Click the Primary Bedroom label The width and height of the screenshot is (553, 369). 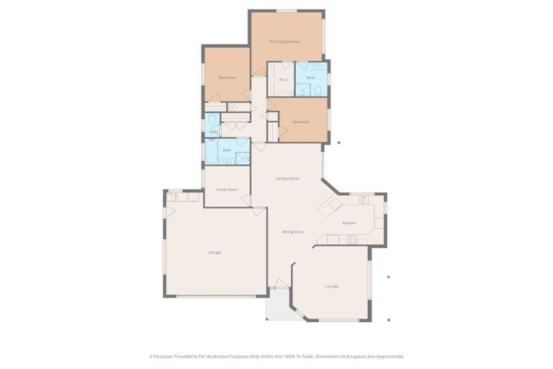click(x=284, y=42)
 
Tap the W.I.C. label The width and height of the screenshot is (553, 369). click(x=284, y=80)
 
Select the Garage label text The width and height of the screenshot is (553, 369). click(x=215, y=252)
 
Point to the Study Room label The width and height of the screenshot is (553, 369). click(x=227, y=190)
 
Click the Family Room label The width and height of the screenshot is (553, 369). click(x=288, y=178)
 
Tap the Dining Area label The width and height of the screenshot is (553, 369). click(x=292, y=231)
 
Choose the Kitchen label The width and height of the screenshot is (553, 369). click(x=349, y=223)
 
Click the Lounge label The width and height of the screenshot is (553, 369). click(x=331, y=286)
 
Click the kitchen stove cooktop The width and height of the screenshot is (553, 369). click(x=351, y=239)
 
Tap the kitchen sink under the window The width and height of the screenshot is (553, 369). click(x=364, y=200)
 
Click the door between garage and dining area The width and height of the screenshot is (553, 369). click(x=258, y=211)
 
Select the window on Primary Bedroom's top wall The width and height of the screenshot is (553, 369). click(x=287, y=11)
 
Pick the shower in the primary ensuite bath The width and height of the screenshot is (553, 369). click(x=303, y=90)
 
